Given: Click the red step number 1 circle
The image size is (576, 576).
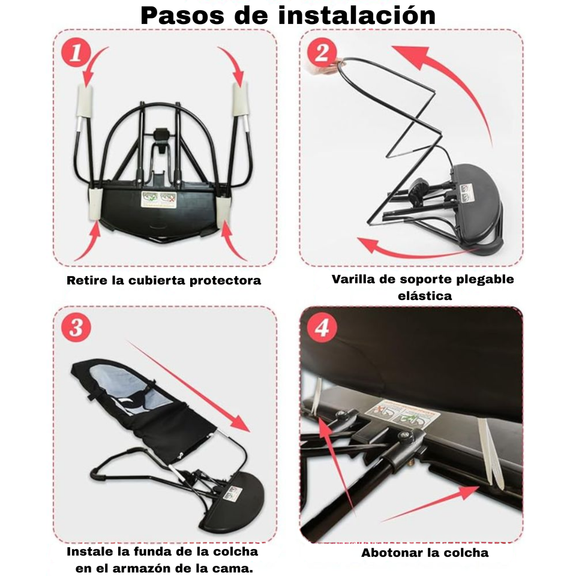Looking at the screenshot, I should click(x=76, y=53).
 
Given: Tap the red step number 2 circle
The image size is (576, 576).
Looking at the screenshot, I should click(x=322, y=53).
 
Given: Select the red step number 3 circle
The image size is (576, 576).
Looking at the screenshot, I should click(x=76, y=328).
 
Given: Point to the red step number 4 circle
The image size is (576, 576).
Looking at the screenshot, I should click(x=322, y=328).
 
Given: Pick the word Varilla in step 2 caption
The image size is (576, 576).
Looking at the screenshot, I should click(x=355, y=279).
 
